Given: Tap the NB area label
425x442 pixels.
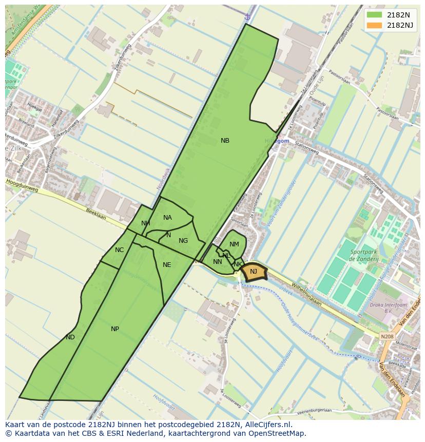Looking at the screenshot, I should pos(225,141).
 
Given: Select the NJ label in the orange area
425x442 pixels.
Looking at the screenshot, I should pos(254,272).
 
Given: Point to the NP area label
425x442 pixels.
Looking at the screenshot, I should pos(115,329).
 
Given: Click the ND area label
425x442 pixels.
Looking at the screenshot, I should pos(70,337).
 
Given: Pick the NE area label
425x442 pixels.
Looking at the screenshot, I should pos(167,265).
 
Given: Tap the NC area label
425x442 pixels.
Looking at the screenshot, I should pos(119,250).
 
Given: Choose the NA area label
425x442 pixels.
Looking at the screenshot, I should pos(167,218).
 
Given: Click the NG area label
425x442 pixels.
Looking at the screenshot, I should pos(183,241).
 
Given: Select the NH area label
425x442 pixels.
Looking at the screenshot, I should pos(146,223).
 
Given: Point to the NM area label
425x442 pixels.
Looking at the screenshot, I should pos(234,244).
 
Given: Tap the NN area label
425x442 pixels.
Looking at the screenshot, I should pos(217,262).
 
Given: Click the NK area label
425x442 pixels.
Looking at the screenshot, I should pos(238,264).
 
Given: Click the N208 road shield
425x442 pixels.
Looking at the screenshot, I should pos(387,337).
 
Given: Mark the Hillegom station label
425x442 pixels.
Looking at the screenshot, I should pos(277,141).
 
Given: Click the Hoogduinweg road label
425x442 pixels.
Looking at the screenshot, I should pos(22,185).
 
